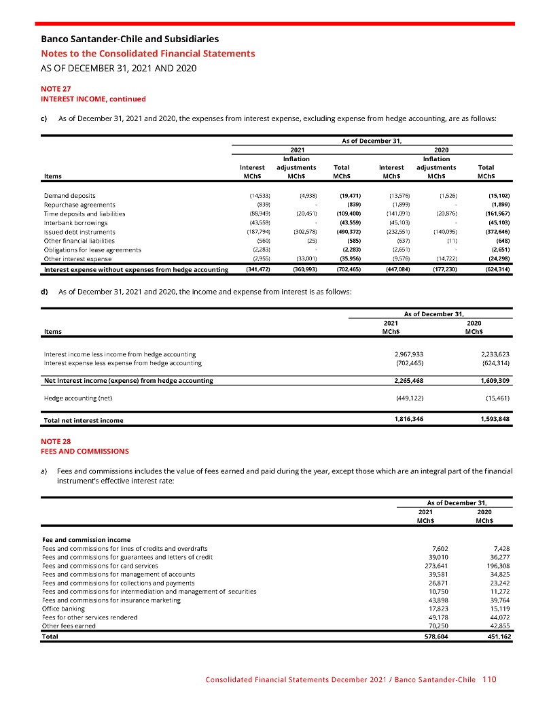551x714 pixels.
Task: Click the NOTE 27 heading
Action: [56, 88]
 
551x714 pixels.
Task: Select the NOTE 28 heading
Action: [56, 441]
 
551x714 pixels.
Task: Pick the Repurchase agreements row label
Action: [79, 204]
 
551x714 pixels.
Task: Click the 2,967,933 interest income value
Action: [409, 354]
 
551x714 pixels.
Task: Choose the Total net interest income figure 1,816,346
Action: [409, 419]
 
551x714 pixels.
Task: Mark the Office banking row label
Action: [63, 609]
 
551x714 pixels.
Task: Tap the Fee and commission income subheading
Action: [82, 539]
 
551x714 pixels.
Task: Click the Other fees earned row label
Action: [68, 626]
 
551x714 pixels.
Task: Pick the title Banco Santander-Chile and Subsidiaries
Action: [130, 39]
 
